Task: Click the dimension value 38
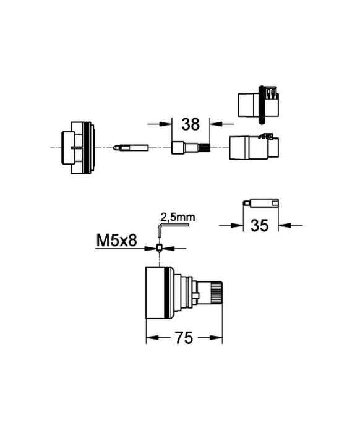click(x=191, y=124)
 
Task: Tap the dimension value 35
click(x=259, y=226)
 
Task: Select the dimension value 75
click(x=184, y=338)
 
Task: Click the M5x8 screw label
click(x=116, y=240)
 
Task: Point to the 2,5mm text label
click(x=178, y=217)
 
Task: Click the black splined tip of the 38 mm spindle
click(x=204, y=148)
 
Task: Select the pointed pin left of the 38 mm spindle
click(x=131, y=148)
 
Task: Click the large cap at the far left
click(x=78, y=148)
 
